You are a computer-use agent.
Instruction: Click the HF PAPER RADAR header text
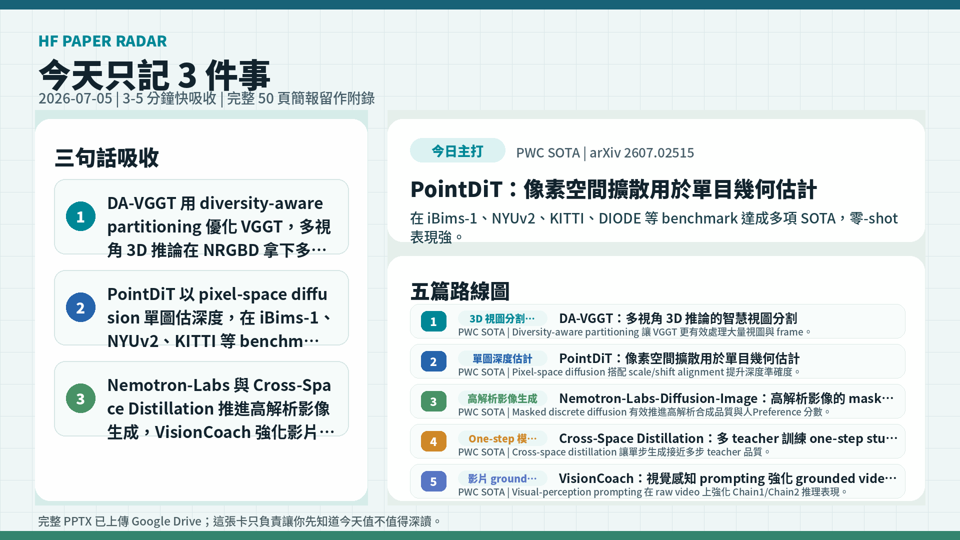click(x=102, y=41)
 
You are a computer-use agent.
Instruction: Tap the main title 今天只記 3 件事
click(x=154, y=75)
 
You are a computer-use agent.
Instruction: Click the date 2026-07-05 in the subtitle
click(x=75, y=98)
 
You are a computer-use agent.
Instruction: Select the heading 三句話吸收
click(x=106, y=157)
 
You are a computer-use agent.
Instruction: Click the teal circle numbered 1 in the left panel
click(x=80, y=216)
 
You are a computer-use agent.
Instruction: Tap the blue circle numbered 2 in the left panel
click(x=80, y=307)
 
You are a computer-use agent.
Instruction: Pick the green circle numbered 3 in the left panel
click(x=80, y=398)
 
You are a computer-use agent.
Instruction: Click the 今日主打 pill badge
click(x=457, y=150)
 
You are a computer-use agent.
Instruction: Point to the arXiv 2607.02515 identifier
click(x=642, y=152)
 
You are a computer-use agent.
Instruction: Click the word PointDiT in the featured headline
click(x=456, y=189)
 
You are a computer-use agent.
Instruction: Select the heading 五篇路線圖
click(x=460, y=291)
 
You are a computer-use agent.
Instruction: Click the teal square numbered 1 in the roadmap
click(x=433, y=321)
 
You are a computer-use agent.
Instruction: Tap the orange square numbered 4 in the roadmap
click(x=433, y=441)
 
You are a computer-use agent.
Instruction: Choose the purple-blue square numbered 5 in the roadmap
click(x=433, y=481)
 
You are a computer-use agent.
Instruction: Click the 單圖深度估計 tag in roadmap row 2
click(x=502, y=358)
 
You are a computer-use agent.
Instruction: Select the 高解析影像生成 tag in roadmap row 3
click(x=502, y=398)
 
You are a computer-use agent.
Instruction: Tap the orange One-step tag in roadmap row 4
click(x=502, y=438)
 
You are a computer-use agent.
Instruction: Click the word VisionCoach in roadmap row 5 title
click(x=596, y=478)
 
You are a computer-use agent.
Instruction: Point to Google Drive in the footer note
click(x=166, y=521)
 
